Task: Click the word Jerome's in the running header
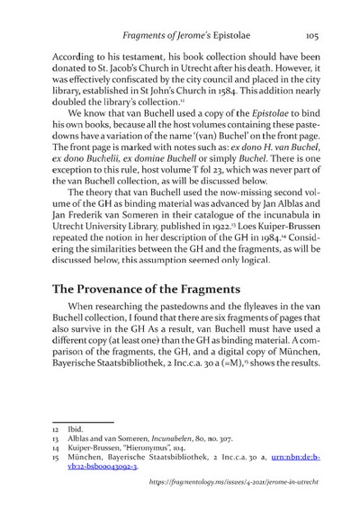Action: (x=187, y=37)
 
